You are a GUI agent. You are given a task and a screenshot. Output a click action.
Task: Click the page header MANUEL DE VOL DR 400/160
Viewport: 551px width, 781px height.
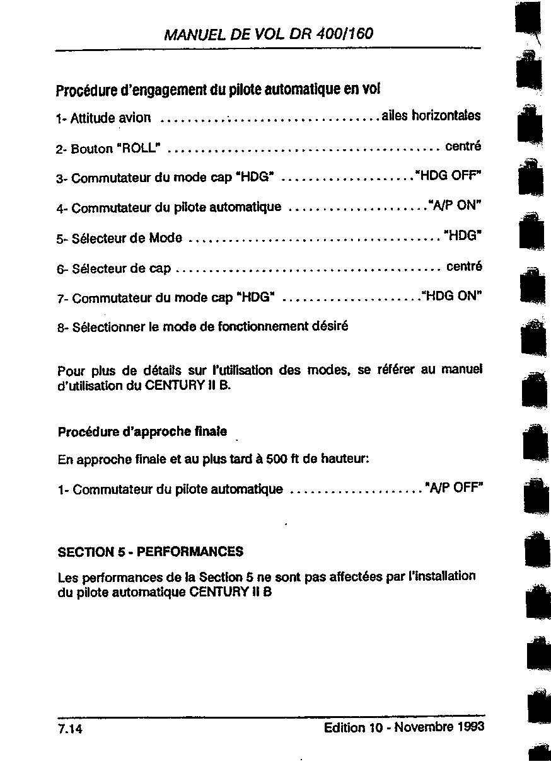(x=268, y=33)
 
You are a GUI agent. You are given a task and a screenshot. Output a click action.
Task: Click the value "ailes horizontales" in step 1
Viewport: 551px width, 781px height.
(x=431, y=116)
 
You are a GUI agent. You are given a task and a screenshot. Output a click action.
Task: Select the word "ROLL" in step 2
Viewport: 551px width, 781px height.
(x=141, y=149)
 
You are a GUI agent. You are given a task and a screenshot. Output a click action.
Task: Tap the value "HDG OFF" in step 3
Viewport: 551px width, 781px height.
(x=449, y=175)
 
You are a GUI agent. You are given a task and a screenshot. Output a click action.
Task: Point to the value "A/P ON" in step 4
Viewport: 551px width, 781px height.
(x=455, y=205)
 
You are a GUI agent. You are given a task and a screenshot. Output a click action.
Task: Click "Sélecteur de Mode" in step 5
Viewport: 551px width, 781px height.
(x=127, y=238)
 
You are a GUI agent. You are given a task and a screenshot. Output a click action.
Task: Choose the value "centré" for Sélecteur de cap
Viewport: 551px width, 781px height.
(x=464, y=266)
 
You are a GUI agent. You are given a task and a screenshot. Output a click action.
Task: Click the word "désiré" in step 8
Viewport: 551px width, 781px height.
(x=330, y=326)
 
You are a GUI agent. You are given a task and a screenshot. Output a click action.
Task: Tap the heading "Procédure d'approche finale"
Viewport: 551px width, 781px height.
(x=142, y=432)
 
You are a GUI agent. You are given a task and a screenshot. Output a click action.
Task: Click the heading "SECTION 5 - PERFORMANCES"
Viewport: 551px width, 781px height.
(x=150, y=552)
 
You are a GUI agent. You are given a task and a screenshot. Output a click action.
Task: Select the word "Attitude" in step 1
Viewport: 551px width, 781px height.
(x=93, y=118)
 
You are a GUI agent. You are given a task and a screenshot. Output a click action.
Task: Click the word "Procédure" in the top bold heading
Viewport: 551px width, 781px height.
(x=83, y=91)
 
